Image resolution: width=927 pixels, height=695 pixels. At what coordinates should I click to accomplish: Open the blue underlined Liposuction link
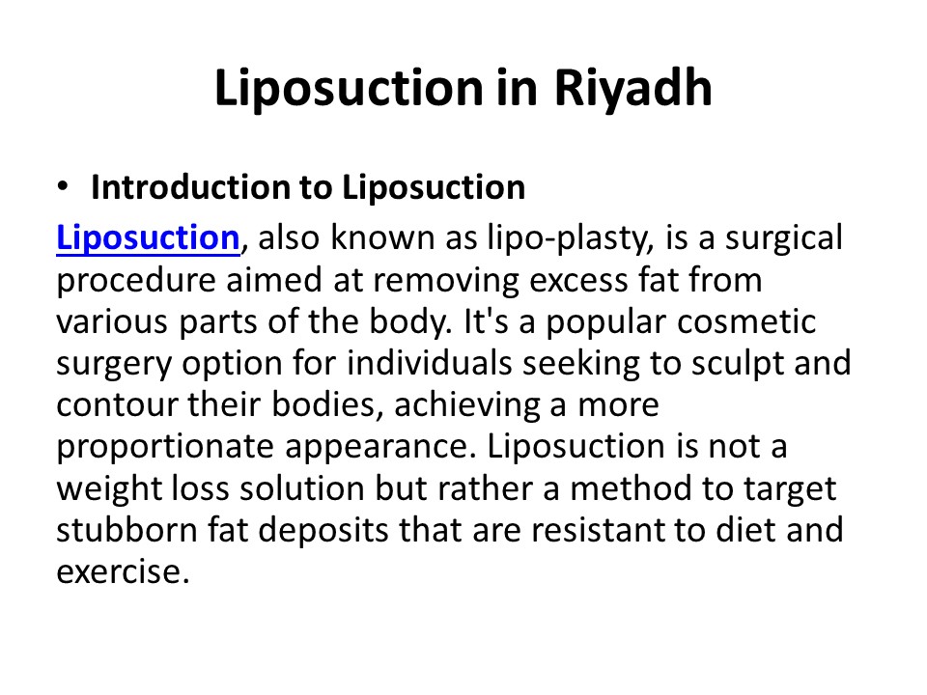point(148,237)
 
